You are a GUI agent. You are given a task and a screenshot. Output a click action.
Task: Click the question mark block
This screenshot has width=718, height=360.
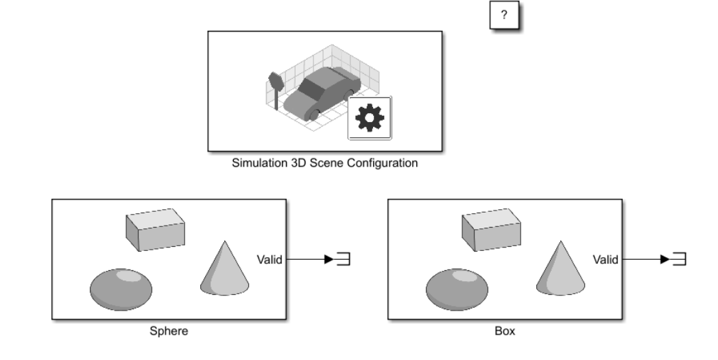[504, 15]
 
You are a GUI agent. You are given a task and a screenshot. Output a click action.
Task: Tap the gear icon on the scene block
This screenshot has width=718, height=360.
[370, 118]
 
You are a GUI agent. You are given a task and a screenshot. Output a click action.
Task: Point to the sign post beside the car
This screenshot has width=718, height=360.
[275, 90]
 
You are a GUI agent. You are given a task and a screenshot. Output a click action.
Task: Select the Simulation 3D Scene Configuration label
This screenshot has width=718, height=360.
[324, 163]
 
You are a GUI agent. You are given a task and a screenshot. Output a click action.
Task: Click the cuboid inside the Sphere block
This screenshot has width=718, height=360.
[156, 230]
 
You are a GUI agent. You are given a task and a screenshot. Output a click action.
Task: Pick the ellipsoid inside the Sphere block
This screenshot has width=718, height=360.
[121, 289]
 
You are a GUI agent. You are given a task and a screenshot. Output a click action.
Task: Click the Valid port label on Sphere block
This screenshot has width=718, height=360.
[270, 260]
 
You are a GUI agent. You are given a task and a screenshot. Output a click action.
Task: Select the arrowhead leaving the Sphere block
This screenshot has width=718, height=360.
[329, 259]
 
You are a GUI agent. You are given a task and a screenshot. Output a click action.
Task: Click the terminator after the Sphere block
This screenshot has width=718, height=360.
[344, 259]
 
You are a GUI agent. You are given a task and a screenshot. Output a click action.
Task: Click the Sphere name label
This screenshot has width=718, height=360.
[169, 331]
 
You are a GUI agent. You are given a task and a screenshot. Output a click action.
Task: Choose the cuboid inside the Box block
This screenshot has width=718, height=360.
[491, 230]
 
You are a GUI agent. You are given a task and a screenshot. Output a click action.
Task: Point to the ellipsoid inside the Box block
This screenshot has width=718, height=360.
[457, 289]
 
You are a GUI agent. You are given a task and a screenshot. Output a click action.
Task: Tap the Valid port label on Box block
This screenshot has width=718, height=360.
[606, 260]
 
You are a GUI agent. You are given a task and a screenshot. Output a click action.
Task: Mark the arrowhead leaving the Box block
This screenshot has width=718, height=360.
[665, 259]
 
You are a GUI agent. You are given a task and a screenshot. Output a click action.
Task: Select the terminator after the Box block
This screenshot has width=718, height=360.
[680, 259]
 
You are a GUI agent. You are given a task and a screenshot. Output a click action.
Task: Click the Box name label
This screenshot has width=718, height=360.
[505, 331]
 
